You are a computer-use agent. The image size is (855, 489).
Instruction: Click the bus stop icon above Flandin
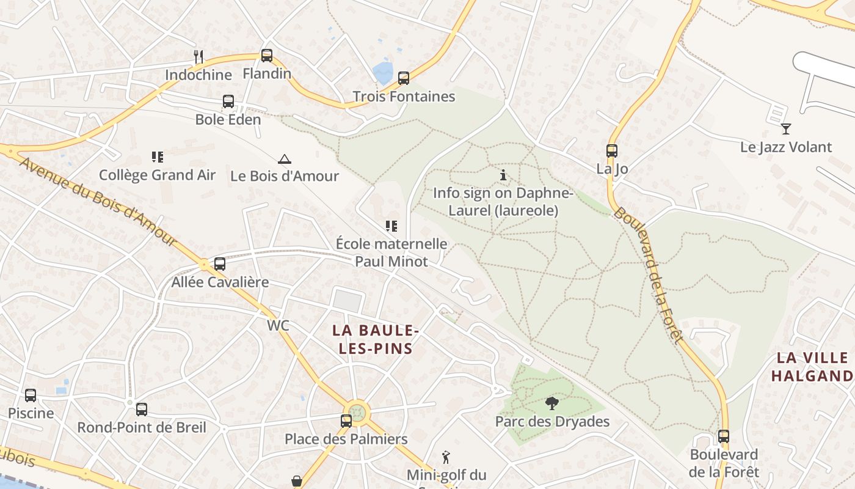(266, 56)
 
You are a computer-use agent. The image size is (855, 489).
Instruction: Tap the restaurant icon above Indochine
(198, 57)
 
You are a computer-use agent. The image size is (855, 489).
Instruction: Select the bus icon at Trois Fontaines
(403, 78)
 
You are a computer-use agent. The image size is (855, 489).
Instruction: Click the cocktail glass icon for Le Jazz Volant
(786, 129)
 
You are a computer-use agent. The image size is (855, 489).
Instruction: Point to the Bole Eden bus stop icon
(228, 101)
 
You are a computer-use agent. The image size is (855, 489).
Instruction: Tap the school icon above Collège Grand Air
(157, 157)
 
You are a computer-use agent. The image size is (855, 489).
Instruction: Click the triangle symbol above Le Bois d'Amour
(284, 160)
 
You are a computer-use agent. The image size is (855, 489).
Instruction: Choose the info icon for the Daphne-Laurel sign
(503, 175)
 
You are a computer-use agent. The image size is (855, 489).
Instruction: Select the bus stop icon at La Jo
(611, 151)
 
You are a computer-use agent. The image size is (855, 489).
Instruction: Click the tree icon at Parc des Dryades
(552, 403)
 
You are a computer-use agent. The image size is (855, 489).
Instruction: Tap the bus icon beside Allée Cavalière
(219, 264)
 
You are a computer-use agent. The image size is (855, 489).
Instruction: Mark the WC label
(278, 326)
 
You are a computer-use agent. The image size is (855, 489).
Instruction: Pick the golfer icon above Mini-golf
(446, 457)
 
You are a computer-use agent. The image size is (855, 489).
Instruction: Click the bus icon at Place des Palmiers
(346, 421)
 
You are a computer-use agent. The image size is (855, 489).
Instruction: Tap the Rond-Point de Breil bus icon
(142, 410)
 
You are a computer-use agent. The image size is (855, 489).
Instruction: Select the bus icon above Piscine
(31, 395)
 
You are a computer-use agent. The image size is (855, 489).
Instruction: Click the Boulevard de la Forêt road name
(647, 275)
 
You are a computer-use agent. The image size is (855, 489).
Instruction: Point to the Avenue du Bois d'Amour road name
(98, 200)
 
